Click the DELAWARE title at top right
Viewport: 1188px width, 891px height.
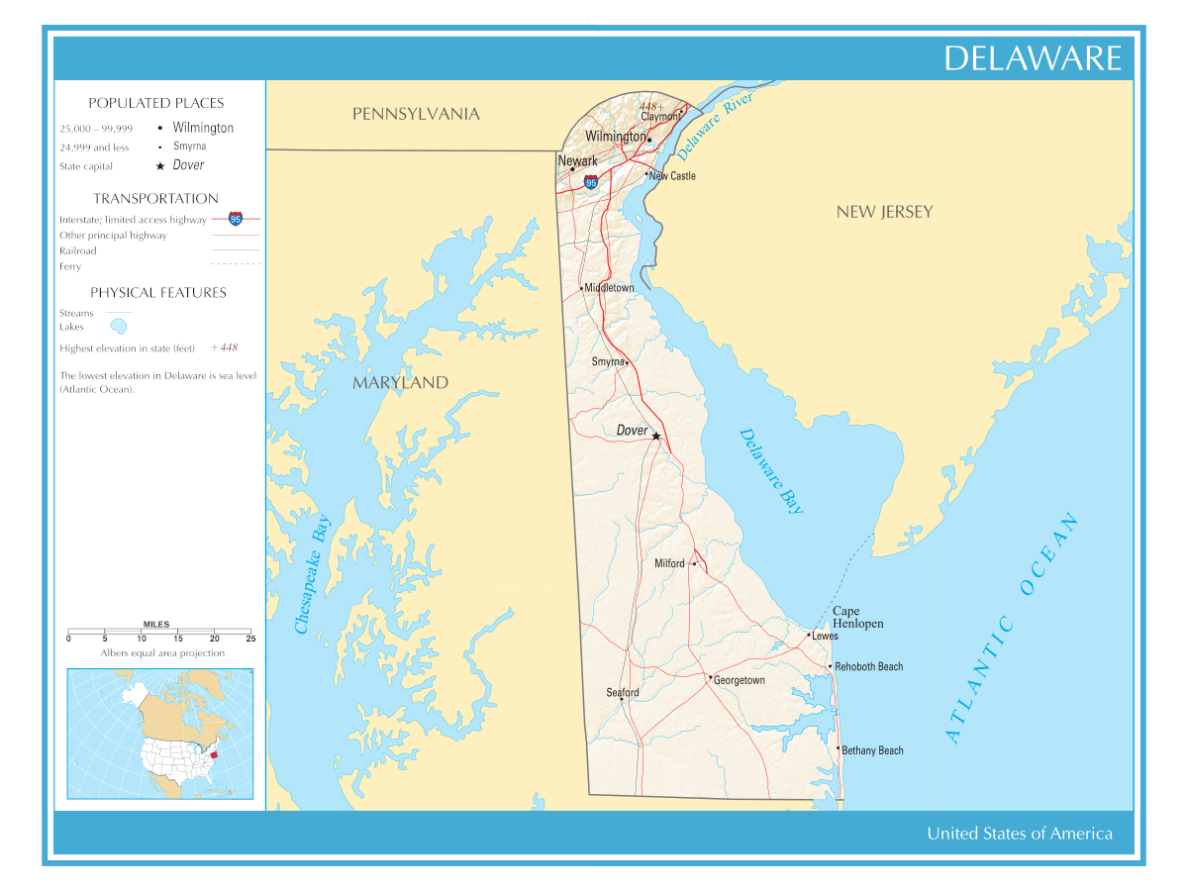pos(1032,58)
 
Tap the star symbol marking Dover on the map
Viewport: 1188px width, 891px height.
pos(655,436)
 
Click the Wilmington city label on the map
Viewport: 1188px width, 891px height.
pos(615,137)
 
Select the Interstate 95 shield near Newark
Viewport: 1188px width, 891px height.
pos(591,183)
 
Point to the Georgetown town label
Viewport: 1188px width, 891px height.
pos(739,681)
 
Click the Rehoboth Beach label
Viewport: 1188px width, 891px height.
pos(868,667)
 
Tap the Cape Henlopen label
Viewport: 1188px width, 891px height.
pos(857,618)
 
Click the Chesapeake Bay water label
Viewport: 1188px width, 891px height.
pos(312,574)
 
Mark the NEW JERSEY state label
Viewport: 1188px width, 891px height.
pos(884,212)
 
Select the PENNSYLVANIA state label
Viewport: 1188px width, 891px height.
pos(416,115)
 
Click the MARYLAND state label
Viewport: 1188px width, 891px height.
pos(400,383)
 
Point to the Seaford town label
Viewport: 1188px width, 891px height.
pos(623,693)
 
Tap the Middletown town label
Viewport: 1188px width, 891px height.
pos(609,288)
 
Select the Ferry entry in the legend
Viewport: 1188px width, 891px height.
pos(70,266)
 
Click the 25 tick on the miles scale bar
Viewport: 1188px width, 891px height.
pos(250,639)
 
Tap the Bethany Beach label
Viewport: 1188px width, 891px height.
pos(872,750)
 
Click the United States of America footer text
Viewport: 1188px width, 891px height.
pos(1019,834)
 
